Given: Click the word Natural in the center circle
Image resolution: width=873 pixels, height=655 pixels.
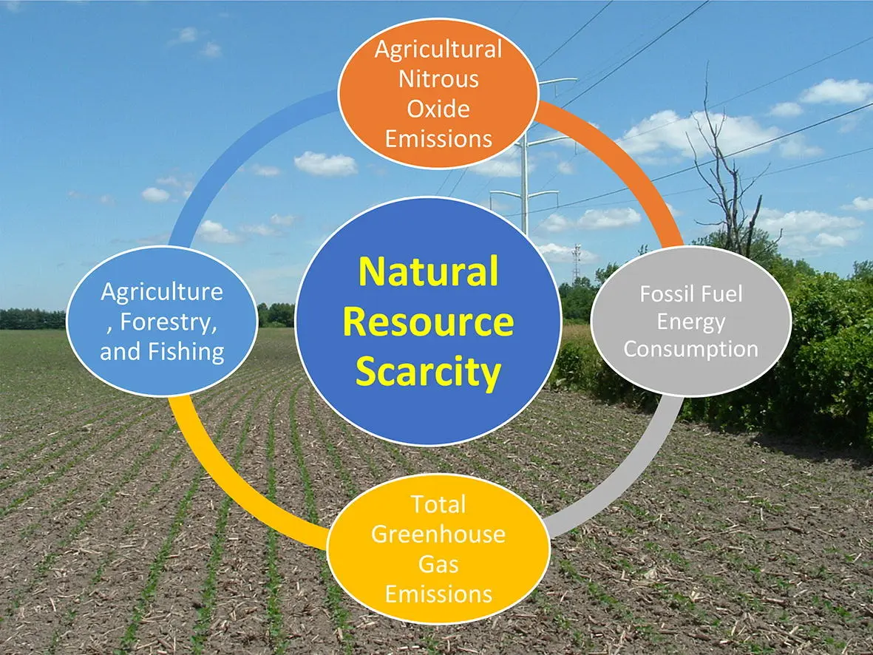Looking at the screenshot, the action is tap(428, 271).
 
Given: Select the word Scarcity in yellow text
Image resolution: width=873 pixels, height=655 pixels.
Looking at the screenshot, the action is tap(428, 372).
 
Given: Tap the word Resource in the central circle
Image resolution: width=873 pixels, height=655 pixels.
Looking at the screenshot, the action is tap(428, 322).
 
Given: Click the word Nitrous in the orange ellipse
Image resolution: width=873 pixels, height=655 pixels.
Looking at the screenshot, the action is tap(439, 79).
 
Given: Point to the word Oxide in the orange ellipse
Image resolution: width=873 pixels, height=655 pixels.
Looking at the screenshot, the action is tap(438, 109).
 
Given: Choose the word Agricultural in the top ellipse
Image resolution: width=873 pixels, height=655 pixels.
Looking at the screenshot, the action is tap(439, 50).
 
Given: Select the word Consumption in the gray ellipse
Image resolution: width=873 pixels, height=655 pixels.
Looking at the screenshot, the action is tap(691, 349).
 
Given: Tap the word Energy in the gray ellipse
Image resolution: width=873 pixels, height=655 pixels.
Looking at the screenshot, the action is tap(691, 322).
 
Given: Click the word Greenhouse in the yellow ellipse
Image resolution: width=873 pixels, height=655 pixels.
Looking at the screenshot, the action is tap(438, 534).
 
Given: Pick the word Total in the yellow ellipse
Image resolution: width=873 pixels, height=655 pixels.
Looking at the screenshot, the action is tap(438, 505).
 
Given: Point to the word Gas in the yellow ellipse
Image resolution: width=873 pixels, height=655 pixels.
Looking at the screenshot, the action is tap(438, 564).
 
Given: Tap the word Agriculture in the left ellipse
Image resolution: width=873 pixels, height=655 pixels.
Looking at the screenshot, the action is tap(162, 292).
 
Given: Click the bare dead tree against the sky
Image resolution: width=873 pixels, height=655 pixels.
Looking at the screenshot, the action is tap(724, 167).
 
